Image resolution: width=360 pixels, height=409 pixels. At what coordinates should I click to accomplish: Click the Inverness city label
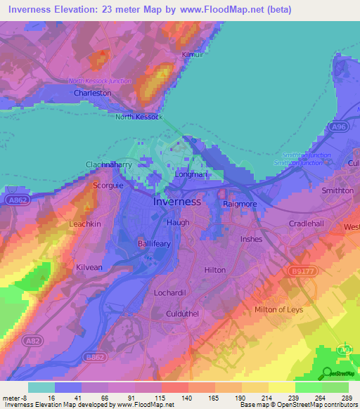[x=177, y=202]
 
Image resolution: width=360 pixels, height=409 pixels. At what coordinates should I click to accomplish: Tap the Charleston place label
[x=93, y=93]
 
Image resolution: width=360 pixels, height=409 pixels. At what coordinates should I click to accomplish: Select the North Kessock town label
[x=139, y=117]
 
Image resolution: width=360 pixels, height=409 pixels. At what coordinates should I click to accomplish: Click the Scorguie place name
[x=109, y=186]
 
